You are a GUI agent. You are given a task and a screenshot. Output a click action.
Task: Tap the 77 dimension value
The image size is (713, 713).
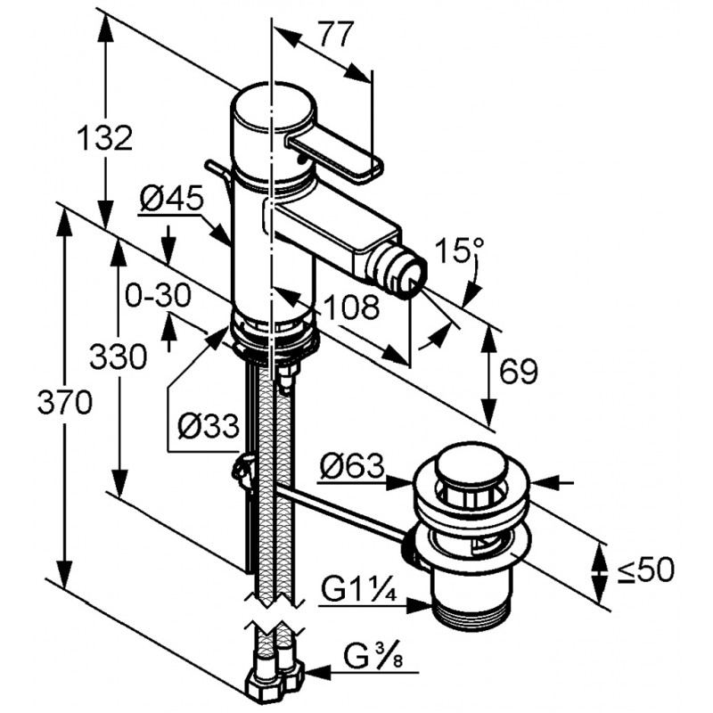click(337, 34)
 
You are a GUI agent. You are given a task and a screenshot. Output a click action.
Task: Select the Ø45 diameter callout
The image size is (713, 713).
click(171, 199)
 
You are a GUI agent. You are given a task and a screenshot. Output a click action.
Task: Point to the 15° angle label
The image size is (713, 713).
click(458, 250)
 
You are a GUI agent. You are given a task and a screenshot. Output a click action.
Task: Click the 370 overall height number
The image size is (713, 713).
click(65, 402)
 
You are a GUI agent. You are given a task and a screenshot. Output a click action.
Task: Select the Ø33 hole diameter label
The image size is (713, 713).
click(209, 426)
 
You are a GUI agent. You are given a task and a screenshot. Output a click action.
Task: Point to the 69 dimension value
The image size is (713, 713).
click(519, 371)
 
